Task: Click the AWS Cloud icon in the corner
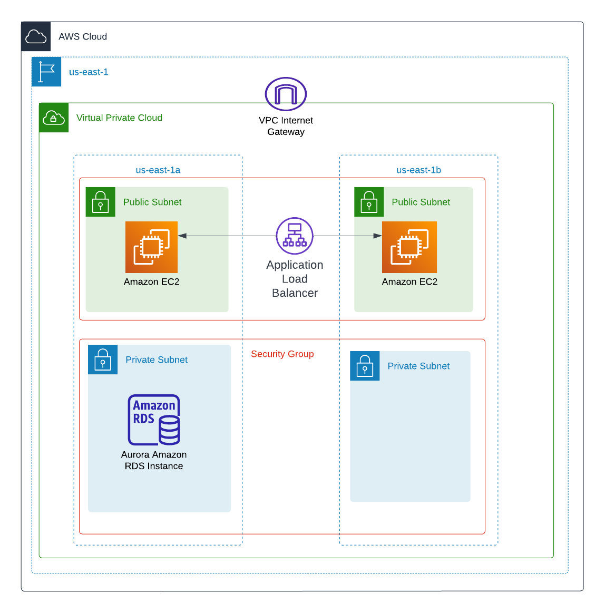coord(36,36)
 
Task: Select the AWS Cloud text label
coord(83,37)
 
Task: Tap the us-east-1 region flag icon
coord(46,72)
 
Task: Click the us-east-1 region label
coord(89,72)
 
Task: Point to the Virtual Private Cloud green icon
coord(54,118)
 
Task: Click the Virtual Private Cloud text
coord(119,118)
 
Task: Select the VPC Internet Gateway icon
coord(286,94)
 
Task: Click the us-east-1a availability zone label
coord(158,170)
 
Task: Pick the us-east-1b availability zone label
coord(418,170)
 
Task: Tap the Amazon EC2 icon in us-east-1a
coord(152,247)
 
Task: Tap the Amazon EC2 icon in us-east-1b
coord(409,247)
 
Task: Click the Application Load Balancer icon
coord(295,236)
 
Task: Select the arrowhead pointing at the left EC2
coord(182,236)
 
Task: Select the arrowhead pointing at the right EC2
coord(377,236)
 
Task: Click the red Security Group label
coord(282,354)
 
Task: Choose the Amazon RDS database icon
coord(154,420)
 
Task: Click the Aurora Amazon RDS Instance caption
coord(154,460)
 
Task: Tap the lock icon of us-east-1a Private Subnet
coord(103,360)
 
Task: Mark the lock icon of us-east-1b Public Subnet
coord(369,202)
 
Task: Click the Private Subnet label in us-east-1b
coord(418,366)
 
